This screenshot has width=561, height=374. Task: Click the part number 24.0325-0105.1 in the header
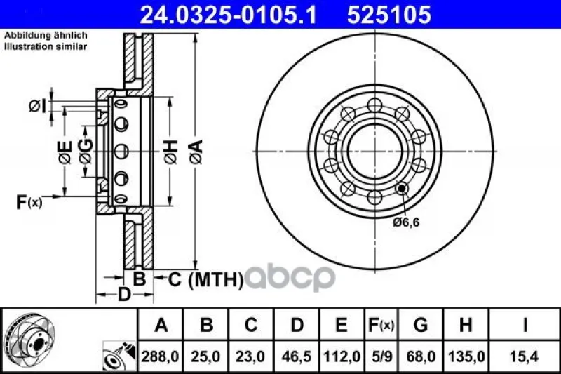click(229, 15)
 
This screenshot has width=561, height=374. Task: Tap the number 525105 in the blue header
click(389, 15)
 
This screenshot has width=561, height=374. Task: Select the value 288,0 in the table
click(160, 356)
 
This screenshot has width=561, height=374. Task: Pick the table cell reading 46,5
click(296, 356)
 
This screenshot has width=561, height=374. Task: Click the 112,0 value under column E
click(342, 356)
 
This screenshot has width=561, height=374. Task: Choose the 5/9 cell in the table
click(381, 356)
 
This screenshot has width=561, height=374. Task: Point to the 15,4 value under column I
click(525, 356)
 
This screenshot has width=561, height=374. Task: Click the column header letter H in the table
click(466, 325)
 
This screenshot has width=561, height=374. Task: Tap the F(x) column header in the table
click(381, 325)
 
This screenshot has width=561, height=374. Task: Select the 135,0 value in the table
click(466, 356)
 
